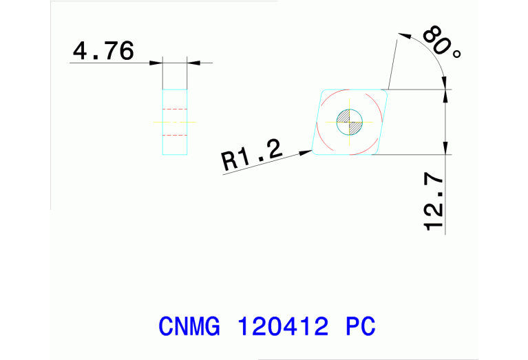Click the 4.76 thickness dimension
tap(103, 52)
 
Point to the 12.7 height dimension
tap(434, 202)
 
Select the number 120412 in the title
tap(282, 326)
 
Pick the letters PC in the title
tap(360, 326)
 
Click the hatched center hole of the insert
tap(350, 123)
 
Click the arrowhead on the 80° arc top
tap(405, 35)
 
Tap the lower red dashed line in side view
tap(174, 134)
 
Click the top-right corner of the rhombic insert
tap(387, 89)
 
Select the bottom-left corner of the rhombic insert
tap(313, 153)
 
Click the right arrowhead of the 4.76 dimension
tap(192, 63)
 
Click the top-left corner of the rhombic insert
tap(323, 89)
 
